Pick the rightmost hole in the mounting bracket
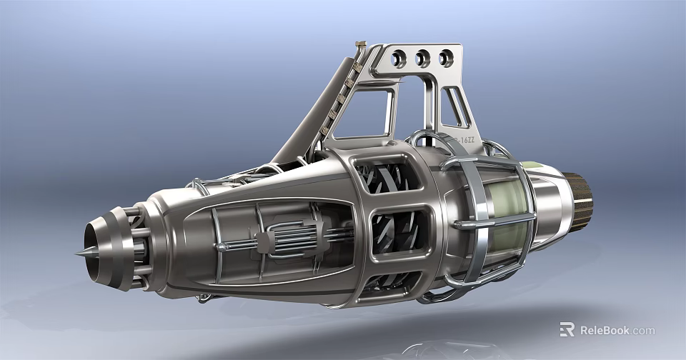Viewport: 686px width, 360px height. pyautogui.click(x=446, y=57)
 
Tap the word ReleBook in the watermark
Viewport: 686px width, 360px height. pyautogui.click(x=604, y=330)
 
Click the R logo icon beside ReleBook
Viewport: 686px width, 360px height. pyautogui.click(x=567, y=329)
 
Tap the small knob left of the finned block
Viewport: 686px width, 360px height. pyautogui.click(x=223, y=247)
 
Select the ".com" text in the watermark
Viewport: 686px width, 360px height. pyautogui.click(x=642, y=330)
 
